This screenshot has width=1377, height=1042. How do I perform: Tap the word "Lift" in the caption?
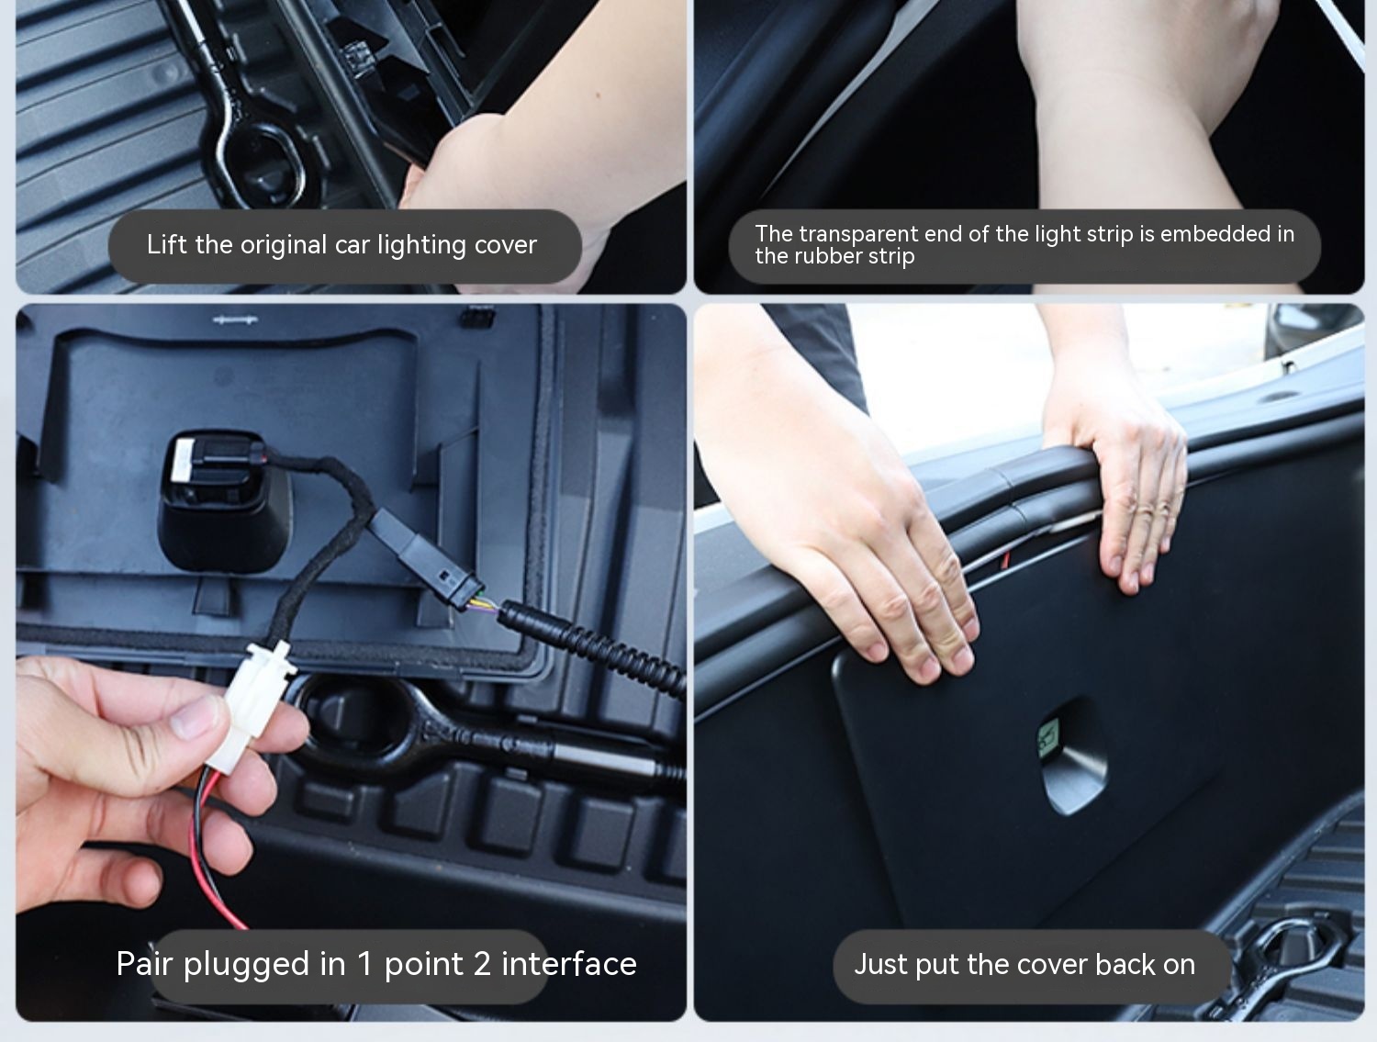point(167,244)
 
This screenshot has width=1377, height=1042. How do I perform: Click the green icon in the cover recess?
point(1047,737)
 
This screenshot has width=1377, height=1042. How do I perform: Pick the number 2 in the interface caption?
point(482,964)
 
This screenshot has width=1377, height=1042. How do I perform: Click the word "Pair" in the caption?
point(144,964)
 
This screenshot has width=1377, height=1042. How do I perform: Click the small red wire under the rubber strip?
point(1005,560)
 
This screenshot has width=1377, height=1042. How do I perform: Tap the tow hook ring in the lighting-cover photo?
point(263,157)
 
